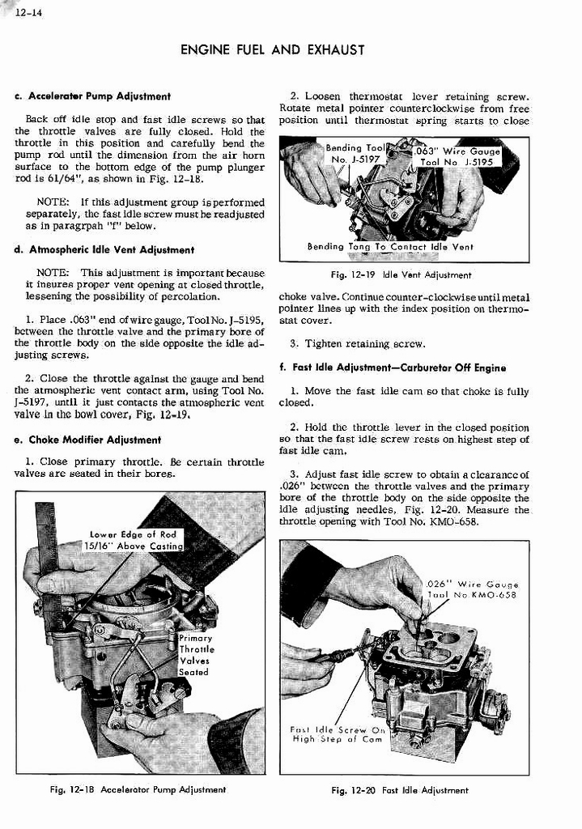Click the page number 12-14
coord(22,10)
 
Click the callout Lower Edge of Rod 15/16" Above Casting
coord(134,540)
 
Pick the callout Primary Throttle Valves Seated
coord(195,655)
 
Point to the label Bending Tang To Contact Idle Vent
coord(390,247)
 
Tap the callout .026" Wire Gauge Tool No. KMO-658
coord(472,589)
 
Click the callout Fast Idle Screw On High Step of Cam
coord(338,733)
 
